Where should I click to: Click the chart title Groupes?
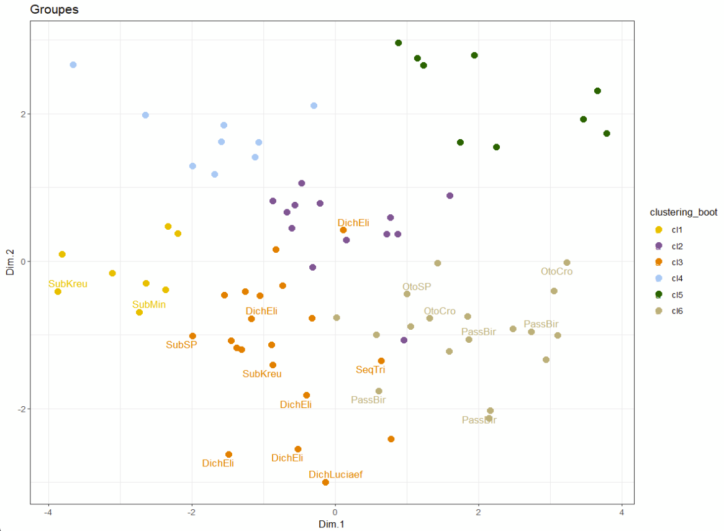[54, 10]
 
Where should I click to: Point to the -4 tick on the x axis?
[48, 512]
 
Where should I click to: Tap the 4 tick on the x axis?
[622, 512]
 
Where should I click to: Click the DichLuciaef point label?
[335, 474]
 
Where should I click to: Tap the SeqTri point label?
[370, 370]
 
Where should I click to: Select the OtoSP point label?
[416, 287]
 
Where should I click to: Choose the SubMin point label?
[149, 305]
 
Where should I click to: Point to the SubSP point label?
[181, 345]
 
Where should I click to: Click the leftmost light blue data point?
[73, 65]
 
